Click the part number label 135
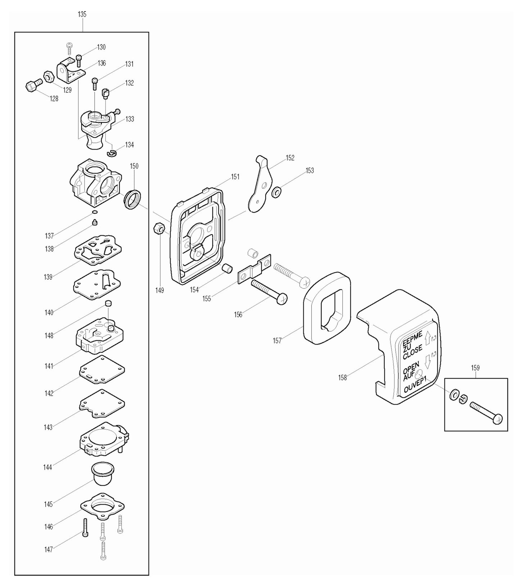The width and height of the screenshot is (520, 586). pyautogui.click(x=82, y=14)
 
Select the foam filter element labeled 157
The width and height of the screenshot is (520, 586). pyautogui.click(x=326, y=312)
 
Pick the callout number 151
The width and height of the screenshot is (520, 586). pyautogui.click(x=235, y=177)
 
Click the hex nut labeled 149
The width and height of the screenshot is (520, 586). pyautogui.click(x=159, y=228)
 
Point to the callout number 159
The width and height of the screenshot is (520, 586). pyautogui.click(x=475, y=368)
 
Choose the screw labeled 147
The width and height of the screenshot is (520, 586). pyautogui.click(x=85, y=527)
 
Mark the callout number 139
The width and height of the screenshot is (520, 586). pyautogui.click(x=48, y=277)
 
